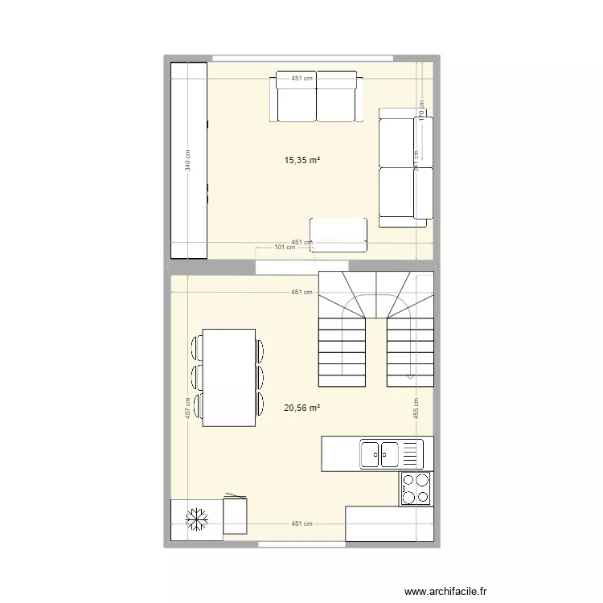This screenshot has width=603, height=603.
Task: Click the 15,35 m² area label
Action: tap(302, 161)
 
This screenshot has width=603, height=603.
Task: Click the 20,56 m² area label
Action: tap(302, 408)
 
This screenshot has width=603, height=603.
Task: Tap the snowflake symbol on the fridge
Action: tap(195, 520)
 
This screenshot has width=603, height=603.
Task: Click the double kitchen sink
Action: tap(380, 454)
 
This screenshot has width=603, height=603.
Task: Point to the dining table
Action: tap(228, 377)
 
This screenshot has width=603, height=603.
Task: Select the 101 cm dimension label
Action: tap(285, 248)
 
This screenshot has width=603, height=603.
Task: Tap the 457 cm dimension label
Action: tap(187, 408)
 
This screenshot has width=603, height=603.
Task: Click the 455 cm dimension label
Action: tap(416, 408)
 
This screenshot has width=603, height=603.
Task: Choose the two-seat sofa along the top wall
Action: tap(316, 96)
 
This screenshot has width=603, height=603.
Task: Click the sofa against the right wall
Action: tap(405, 166)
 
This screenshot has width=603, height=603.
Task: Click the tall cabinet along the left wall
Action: tap(189, 161)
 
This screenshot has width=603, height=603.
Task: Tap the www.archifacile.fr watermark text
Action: tap(445, 591)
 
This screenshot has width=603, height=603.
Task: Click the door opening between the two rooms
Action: tap(302, 267)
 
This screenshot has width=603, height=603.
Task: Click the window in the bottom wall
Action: tap(302, 545)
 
